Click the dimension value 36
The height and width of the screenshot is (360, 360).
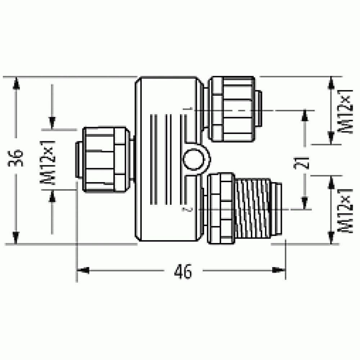(15, 158)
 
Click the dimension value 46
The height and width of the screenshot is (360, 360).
(183, 271)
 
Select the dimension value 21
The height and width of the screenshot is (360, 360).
(302, 163)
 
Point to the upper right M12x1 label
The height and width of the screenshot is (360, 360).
(345, 111)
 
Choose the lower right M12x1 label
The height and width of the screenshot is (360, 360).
(345, 211)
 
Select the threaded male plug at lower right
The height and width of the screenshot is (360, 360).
(258, 208)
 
